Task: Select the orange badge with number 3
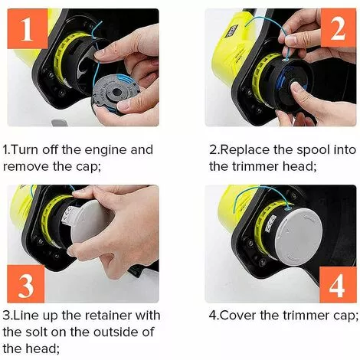tap(25, 286)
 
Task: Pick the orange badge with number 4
tap(335, 285)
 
